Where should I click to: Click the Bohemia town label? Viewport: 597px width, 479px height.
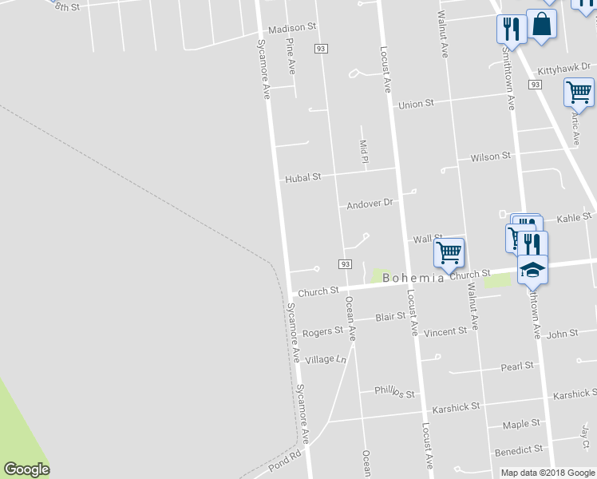413,278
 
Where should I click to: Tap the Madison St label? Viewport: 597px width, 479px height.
293,29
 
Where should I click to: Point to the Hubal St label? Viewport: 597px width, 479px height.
303,178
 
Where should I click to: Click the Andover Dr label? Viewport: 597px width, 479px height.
370,204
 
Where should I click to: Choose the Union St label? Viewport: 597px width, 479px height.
416,105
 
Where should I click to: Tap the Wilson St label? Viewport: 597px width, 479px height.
490,157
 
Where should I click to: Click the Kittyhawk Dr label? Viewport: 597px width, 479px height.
563,70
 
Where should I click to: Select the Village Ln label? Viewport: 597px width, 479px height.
326,359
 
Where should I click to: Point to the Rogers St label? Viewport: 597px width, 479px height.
322,331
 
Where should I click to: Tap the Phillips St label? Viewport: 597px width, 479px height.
395,392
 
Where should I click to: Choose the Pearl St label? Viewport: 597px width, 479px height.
517,366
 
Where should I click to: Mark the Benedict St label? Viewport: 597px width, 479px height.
519,450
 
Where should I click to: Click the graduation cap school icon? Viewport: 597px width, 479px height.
532,270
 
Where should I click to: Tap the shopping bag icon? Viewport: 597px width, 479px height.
542,24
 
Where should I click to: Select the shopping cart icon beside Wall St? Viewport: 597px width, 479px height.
449,252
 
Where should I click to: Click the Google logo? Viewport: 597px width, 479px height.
26,469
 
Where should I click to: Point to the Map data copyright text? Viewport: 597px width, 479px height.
548,473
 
